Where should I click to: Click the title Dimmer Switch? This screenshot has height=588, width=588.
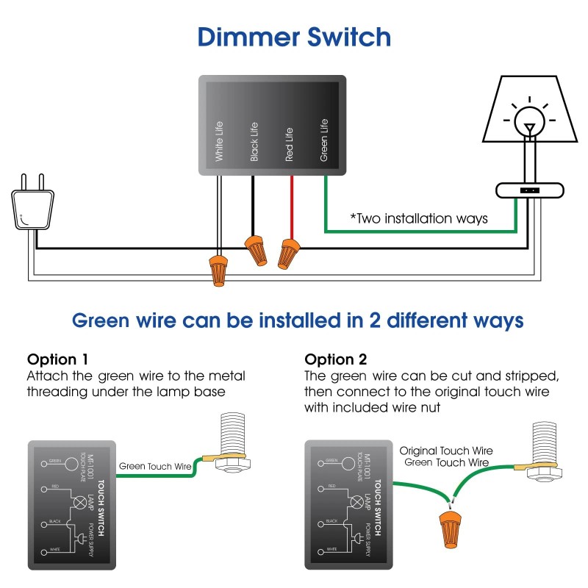(x=294, y=37)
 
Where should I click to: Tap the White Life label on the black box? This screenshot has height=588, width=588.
(x=219, y=142)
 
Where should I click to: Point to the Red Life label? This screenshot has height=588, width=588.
(x=289, y=144)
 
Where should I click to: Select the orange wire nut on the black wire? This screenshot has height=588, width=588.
(x=255, y=250)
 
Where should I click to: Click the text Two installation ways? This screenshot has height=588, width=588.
(x=418, y=218)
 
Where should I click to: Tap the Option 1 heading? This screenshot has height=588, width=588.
(x=58, y=360)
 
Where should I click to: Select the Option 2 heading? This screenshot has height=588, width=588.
(x=336, y=360)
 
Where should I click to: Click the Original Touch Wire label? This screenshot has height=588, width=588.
(x=445, y=451)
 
